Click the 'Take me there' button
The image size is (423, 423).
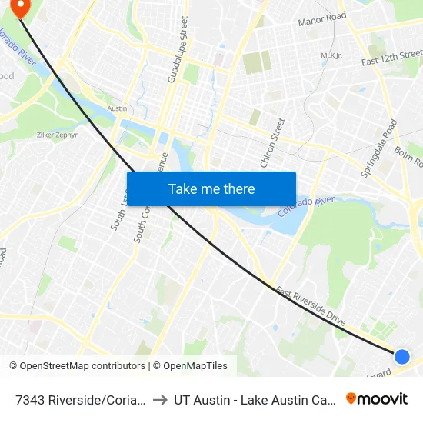click(211, 188)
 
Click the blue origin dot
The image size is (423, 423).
click(401, 356)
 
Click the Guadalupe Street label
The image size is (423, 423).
click(177, 51)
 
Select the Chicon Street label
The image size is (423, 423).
click(273, 143)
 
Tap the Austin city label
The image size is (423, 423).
click(117, 108)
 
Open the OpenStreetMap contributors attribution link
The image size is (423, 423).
click(77, 366)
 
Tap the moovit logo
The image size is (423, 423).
click(377, 398)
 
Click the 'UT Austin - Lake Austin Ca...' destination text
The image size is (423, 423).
click(254, 399)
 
